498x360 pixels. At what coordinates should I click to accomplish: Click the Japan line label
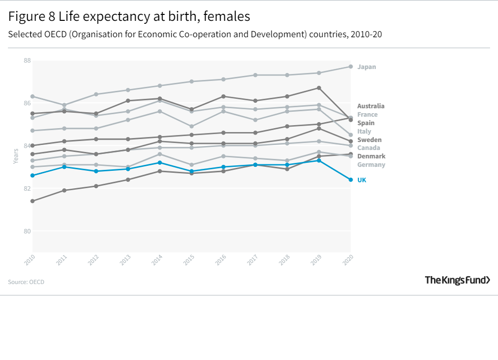366,67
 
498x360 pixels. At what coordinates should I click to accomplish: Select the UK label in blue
361,180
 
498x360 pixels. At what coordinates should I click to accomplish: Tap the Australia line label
370,106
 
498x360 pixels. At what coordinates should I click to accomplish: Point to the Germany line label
370,164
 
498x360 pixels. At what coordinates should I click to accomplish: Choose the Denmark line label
371,156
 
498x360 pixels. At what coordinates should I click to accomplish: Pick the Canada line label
368,147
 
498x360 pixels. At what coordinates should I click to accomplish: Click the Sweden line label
369,140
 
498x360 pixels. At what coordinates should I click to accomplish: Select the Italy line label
364,131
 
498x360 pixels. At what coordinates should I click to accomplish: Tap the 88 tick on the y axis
27,61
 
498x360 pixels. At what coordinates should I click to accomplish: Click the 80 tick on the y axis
27,231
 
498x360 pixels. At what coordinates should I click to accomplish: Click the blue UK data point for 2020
351,180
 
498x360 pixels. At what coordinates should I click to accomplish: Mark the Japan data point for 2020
351,67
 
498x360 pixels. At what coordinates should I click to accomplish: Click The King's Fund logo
457,280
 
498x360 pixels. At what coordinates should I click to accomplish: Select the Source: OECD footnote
26,282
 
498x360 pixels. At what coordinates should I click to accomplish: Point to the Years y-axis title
16,157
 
